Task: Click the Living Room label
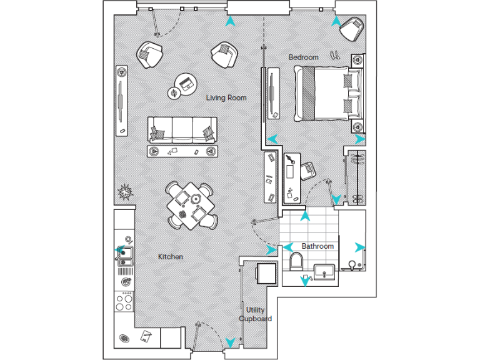(226, 97)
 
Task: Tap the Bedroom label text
(303, 57)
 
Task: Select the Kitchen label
(170, 257)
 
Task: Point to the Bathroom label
(317, 246)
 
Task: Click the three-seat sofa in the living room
(182, 129)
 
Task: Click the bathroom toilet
(296, 262)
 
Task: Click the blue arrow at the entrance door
(231, 342)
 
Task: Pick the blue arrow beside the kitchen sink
(117, 253)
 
